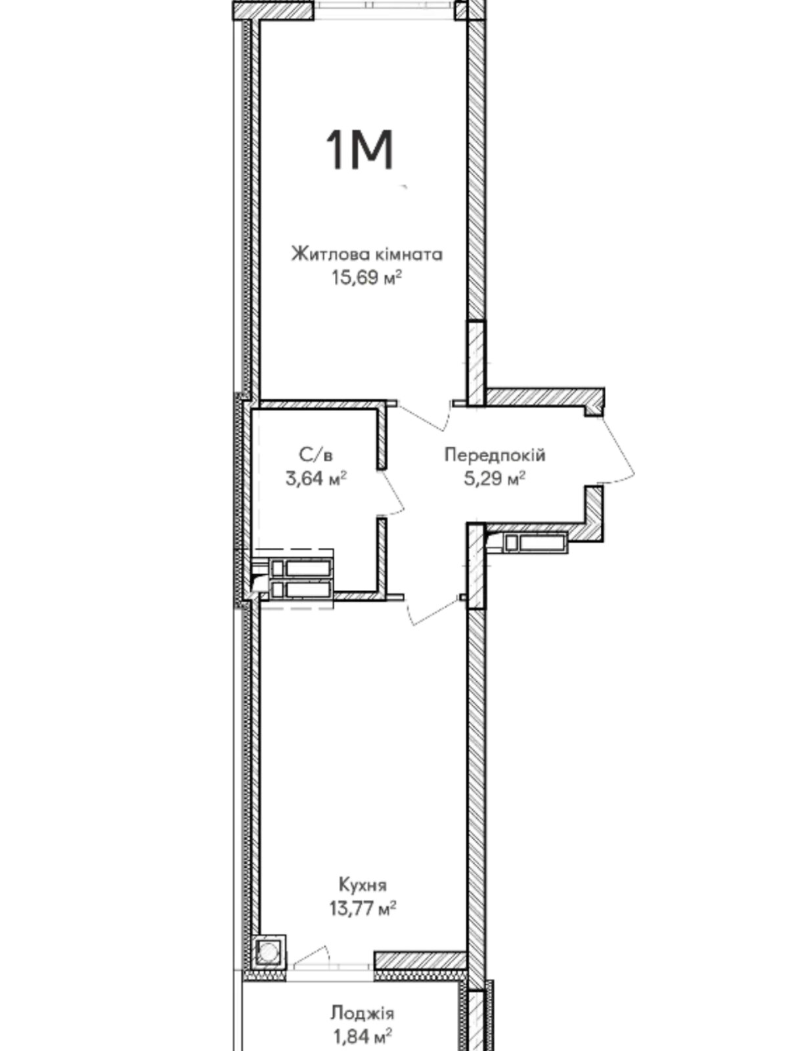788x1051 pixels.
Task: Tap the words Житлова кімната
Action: (367, 254)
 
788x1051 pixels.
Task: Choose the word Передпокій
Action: (494, 455)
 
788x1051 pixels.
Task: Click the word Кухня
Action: (362, 885)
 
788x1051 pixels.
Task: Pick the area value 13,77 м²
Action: (362, 907)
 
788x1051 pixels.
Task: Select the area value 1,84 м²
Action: (362, 1037)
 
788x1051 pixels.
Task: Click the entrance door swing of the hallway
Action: (619, 449)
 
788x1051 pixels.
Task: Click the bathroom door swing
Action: (392, 493)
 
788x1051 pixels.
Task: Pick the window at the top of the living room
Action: (383, 10)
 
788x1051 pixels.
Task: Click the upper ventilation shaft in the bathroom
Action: (301, 568)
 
